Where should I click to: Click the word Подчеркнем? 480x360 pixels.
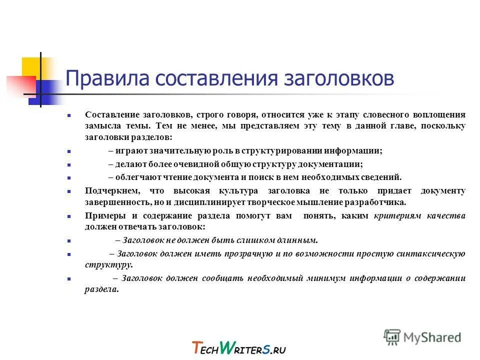(x=109, y=190)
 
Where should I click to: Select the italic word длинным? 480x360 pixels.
(x=299, y=240)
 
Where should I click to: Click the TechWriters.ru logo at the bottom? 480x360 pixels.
(x=238, y=347)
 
